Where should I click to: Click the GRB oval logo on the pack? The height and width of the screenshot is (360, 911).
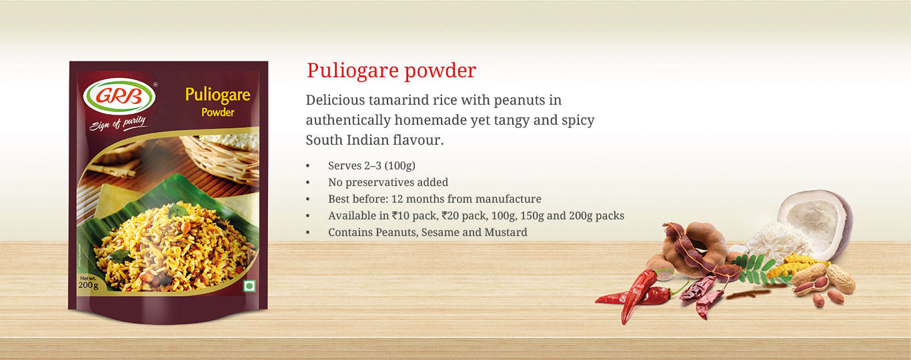pyautogui.click(x=119, y=96)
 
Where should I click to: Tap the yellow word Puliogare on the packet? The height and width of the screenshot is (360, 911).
pyautogui.click(x=217, y=95)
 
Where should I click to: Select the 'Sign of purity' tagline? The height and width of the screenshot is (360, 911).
pyautogui.click(x=117, y=123)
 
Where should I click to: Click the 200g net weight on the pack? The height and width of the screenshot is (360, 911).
pyautogui.click(x=89, y=285)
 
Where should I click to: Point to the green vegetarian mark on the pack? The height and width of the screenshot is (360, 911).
pyautogui.click(x=249, y=286)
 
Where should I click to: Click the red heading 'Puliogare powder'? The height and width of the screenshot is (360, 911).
pyautogui.click(x=391, y=71)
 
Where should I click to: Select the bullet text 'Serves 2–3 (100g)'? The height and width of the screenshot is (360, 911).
pyautogui.click(x=371, y=166)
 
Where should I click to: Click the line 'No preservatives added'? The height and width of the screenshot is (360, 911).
pyautogui.click(x=388, y=183)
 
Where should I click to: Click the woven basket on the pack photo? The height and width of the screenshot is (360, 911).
pyautogui.click(x=219, y=159)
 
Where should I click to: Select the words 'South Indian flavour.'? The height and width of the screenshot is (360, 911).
pyautogui.click(x=375, y=140)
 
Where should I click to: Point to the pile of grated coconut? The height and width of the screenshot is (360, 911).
pyautogui.click(x=779, y=242)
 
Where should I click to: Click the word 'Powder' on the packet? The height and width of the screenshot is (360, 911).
pyautogui.click(x=217, y=113)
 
